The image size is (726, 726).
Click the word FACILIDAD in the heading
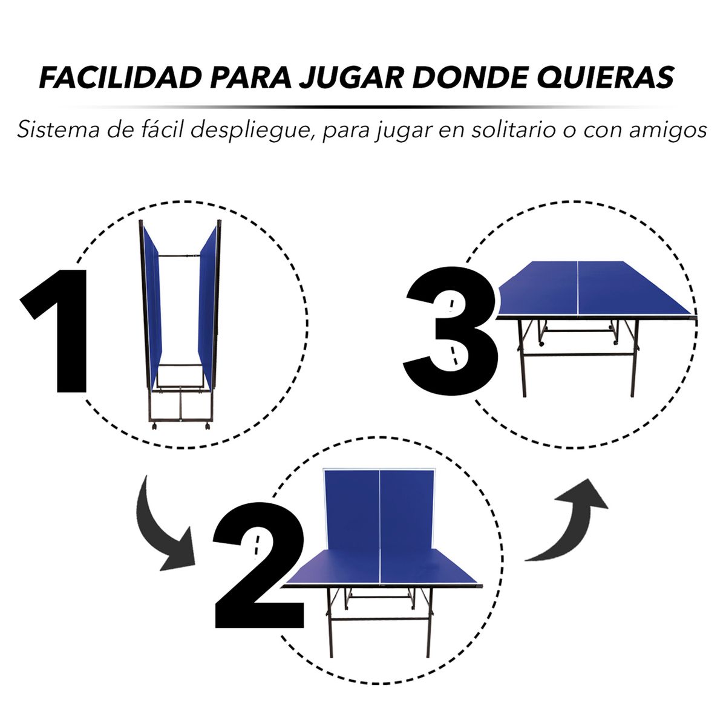tap(120, 77)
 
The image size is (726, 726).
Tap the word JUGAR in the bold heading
tap(350, 77)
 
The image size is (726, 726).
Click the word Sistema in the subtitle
tap(58, 130)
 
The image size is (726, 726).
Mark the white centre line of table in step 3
tap(578, 288)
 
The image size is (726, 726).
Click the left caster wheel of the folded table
tap(154, 427)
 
